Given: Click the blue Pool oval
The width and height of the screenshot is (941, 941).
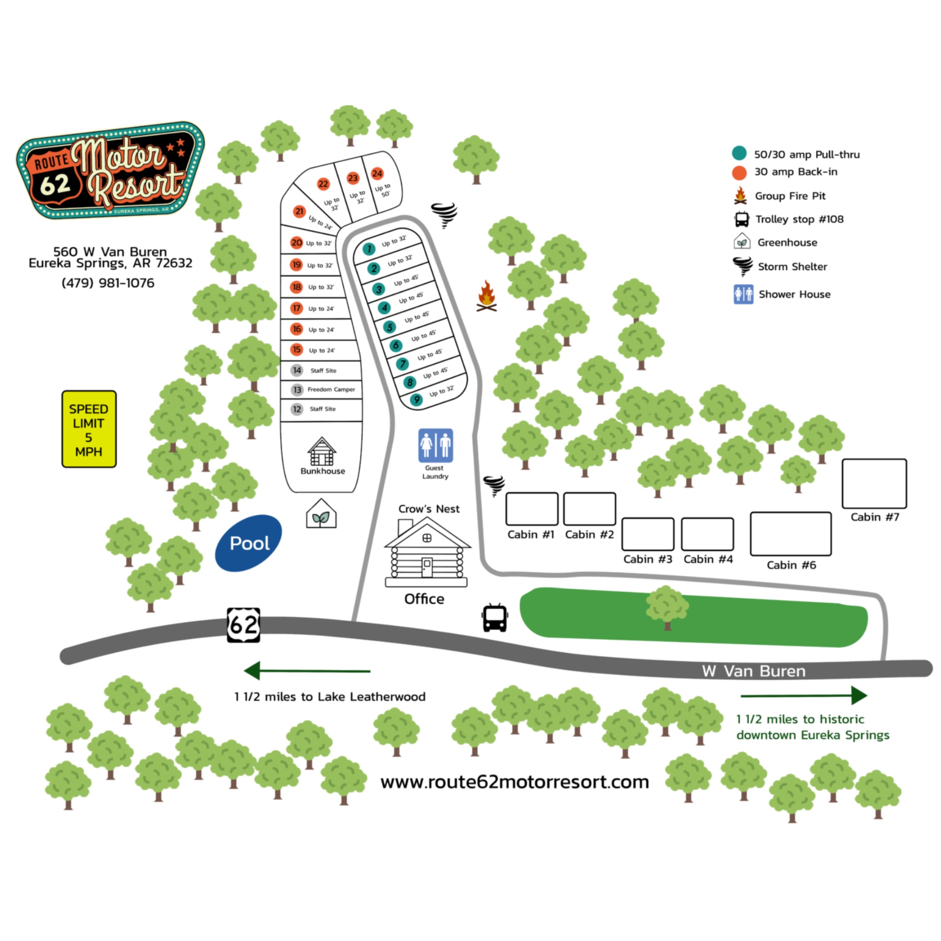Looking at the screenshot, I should (249, 543).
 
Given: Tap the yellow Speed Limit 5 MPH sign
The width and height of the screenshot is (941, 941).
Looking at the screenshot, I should (89, 429).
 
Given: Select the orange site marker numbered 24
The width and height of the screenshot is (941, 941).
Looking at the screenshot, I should (377, 173).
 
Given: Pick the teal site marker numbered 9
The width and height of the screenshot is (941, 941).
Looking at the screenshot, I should (416, 400).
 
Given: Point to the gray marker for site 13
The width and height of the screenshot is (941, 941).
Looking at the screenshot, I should (297, 390).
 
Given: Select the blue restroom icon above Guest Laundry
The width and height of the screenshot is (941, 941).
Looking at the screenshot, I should (436, 445).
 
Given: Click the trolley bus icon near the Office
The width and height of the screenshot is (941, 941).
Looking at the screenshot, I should (495, 618).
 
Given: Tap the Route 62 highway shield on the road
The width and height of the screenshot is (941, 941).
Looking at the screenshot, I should (244, 624).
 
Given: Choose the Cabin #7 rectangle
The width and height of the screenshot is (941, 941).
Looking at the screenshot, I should (874, 484).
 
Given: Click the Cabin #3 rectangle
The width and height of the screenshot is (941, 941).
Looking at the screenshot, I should (648, 534).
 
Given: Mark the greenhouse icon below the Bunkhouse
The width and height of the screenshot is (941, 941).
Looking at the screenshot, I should (321, 514).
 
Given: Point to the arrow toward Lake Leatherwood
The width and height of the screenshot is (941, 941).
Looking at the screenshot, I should (307, 671).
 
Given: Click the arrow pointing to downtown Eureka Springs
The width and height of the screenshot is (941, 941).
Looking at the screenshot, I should (804, 695).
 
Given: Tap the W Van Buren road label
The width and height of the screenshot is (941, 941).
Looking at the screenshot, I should (754, 671).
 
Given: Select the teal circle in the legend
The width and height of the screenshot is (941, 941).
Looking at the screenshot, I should (739, 153).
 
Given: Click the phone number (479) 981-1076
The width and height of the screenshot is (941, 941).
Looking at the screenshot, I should (108, 283).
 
